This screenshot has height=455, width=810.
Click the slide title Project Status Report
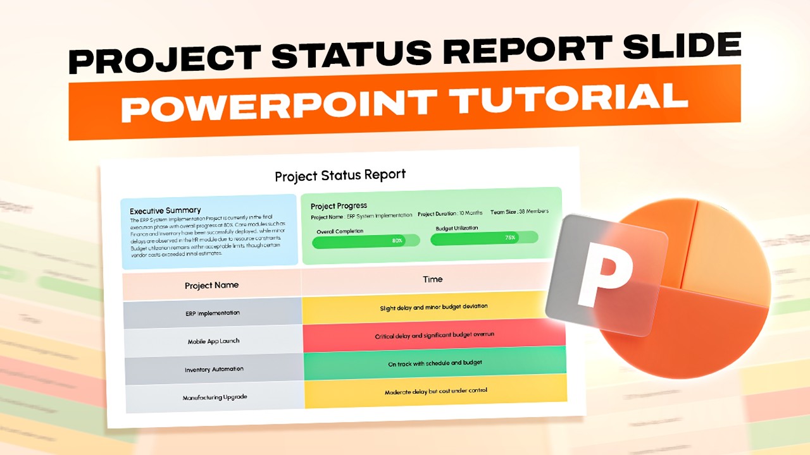tap(340, 174)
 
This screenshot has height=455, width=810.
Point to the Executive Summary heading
tap(165, 210)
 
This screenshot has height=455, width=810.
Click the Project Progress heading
tap(339, 206)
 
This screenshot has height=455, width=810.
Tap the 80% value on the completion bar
tap(397, 241)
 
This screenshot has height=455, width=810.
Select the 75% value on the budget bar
tap(510, 238)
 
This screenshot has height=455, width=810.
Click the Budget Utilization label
tap(457, 228)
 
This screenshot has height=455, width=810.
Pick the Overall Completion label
tap(340, 231)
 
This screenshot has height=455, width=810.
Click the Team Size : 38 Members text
tap(519, 212)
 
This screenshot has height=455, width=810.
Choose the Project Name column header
tap(211, 286)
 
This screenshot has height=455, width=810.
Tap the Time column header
tap(433, 279)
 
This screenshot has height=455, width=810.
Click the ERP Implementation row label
tap(213, 313)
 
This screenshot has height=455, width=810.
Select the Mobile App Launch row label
tap(213, 341)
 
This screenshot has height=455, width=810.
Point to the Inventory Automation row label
tap(214, 369)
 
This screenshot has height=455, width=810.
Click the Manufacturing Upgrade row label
tap(215, 397)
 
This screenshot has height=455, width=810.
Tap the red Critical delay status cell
tap(434, 335)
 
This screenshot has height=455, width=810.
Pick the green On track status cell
tap(435, 363)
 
